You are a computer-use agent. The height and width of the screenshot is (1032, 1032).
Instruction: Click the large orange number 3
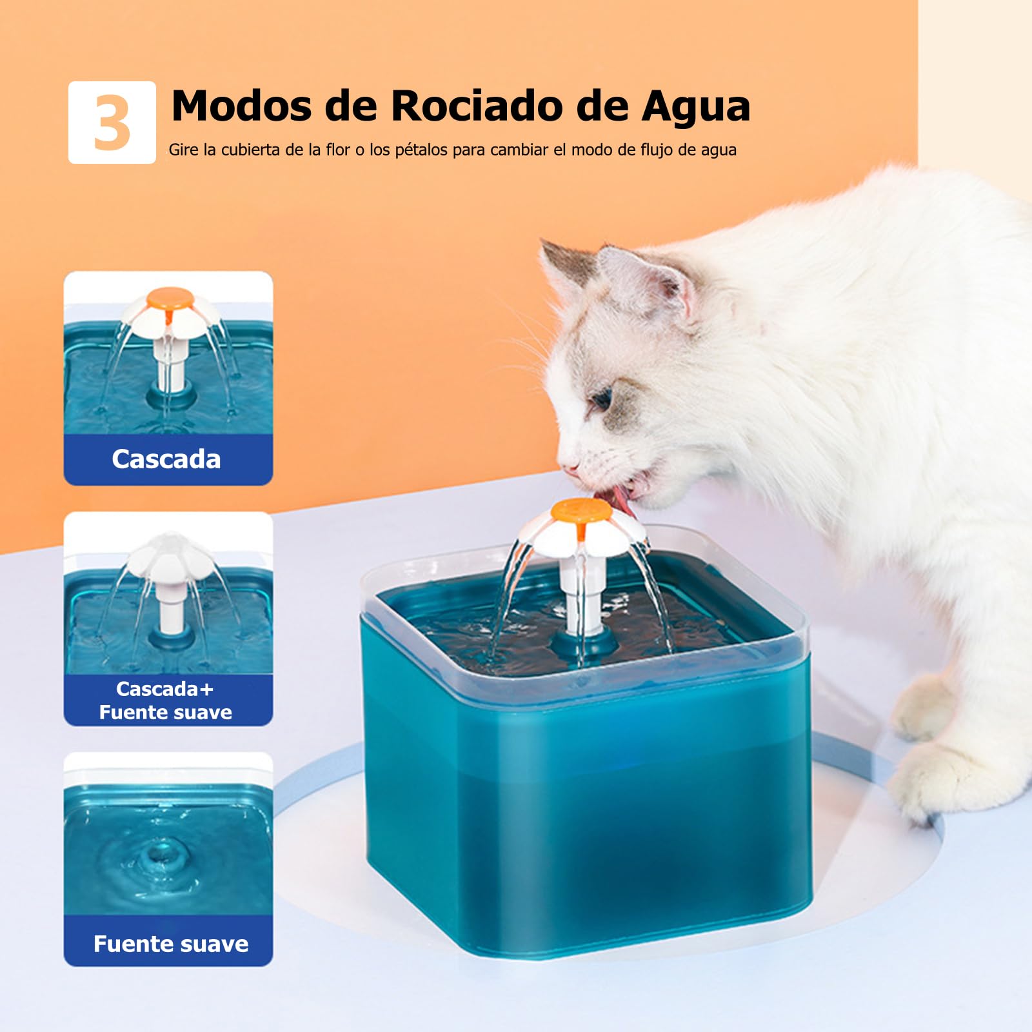coord(112,123)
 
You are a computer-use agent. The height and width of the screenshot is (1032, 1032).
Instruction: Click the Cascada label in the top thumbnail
coord(166,459)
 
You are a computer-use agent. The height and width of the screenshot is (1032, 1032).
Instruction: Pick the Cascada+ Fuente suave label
coord(166,700)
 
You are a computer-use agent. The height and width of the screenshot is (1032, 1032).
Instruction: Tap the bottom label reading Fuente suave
coord(171,944)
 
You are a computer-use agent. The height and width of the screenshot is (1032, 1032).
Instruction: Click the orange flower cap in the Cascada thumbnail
coord(169,298)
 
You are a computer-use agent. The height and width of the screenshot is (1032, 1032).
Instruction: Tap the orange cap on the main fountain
coord(580,511)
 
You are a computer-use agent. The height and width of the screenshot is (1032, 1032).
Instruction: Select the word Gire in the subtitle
coord(183,150)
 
